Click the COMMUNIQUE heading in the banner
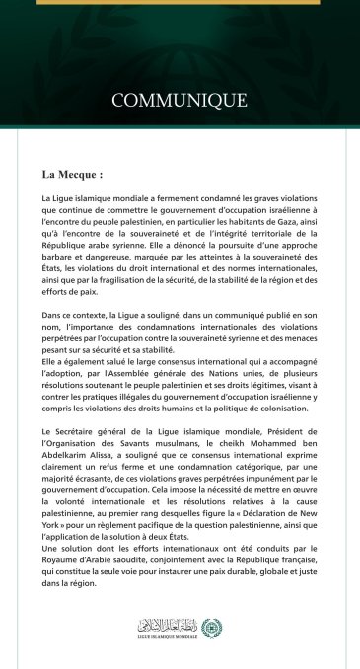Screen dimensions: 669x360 click(x=179, y=100)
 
